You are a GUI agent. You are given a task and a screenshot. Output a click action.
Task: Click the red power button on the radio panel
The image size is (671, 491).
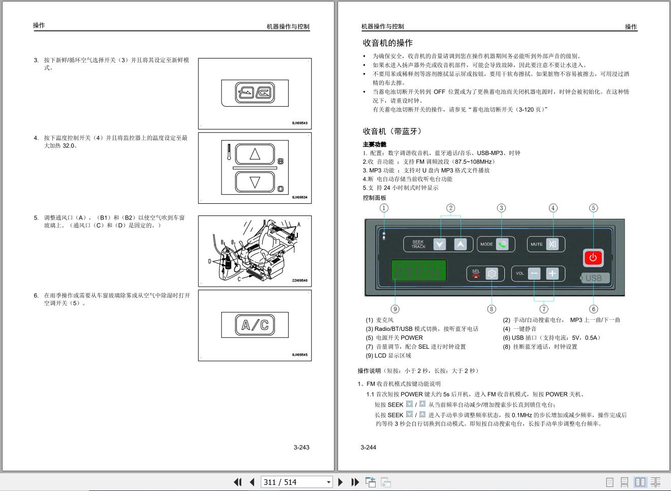coord(593,258)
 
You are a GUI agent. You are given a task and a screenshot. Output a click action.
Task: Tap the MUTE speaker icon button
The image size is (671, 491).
coord(553,244)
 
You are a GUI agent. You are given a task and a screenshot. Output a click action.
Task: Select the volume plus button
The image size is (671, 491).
coord(553,273)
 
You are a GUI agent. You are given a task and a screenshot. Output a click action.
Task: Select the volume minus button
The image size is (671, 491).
coord(534,273)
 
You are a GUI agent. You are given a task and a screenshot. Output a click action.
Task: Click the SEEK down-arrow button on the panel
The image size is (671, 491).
coord(439,244)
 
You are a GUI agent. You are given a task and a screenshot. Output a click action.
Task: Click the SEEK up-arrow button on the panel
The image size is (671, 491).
coord(461,244)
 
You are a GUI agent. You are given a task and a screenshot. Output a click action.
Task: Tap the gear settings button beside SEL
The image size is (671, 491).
coord(492,273)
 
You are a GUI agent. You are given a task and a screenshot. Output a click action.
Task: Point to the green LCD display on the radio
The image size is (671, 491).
coord(418,270)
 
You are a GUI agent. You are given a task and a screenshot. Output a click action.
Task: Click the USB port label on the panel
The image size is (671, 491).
coord(595,278)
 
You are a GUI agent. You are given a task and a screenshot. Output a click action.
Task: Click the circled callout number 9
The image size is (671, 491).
coord(395,309)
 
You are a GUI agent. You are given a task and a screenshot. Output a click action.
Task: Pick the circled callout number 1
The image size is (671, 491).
coord(384,208)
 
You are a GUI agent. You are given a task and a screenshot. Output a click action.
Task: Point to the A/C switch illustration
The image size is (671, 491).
coord(255,325)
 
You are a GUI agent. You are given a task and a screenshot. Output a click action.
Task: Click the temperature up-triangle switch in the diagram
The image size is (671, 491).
coord(255,154)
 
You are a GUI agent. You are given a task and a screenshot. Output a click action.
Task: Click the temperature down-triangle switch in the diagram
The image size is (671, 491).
coord(255,182)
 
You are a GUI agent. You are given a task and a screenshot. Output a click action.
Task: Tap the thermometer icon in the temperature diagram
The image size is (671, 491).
coord(229,152)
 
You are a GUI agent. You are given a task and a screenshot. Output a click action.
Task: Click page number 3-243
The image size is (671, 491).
coord(301,447)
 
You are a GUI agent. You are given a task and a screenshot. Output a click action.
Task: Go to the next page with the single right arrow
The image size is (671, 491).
coord(340,482)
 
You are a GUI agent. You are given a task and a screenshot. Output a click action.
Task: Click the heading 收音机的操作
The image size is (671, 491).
coord(388,43)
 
